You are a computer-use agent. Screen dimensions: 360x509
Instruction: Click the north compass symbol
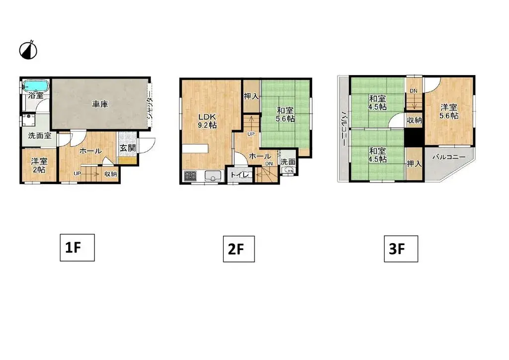[x=29, y=50]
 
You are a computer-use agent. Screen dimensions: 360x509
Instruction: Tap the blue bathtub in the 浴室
[x=35, y=86]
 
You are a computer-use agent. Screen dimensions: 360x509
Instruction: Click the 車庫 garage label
[x=100, y=104]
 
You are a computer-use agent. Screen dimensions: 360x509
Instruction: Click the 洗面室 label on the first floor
[x=36, y=136]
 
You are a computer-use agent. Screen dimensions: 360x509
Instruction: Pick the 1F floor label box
[x=77, y=247]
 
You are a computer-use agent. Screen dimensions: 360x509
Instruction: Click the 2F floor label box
[x=239, y=249]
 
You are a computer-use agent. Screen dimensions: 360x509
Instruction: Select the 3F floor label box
[x=401, y=249]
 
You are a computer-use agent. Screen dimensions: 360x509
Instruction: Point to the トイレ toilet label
[x=237, y=175]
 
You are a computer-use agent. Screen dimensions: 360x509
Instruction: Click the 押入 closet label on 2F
[x=251, y=96]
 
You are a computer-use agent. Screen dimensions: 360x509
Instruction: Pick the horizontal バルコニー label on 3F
[x=448, y=158]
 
